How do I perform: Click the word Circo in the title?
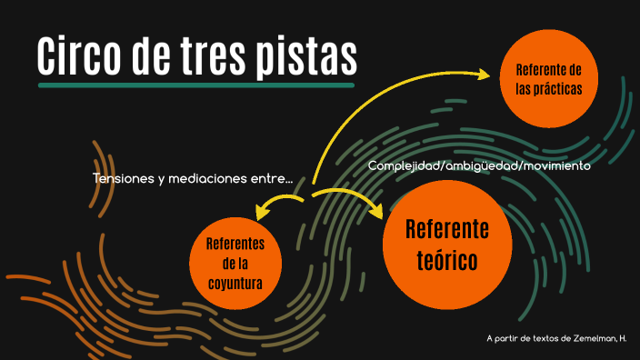[x=80, y=55]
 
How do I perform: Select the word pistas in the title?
[x=311, y=55]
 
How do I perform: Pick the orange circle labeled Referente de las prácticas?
[x=548, y=79]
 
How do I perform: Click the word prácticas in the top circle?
[x=548, y=89]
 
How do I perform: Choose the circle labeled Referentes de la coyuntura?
[x=235, y=263]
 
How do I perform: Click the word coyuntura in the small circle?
[x=235, y=283]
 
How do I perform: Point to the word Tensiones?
[x=123, y=178]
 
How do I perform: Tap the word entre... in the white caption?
[x=272, y=178]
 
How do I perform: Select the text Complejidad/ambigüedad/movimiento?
[x=479, y=166]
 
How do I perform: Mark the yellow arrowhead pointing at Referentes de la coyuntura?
[x=262, y=212]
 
